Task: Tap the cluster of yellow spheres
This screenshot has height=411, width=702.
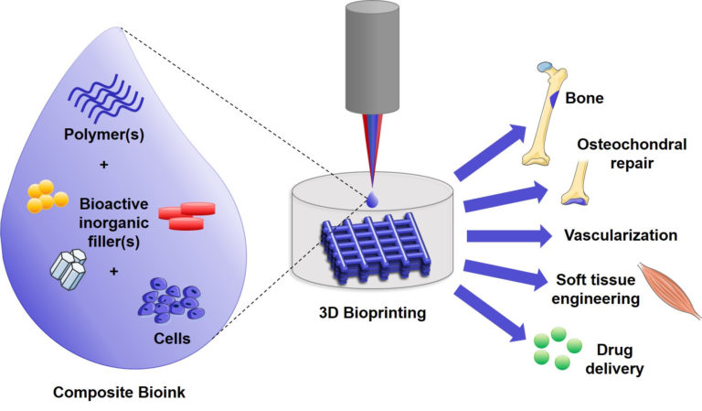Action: tap(46, 195)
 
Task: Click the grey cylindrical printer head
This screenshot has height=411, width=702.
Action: tap(372, 58)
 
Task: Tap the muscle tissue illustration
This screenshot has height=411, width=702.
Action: tap(670, 290)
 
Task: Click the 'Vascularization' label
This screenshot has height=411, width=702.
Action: tap(621, 235)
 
